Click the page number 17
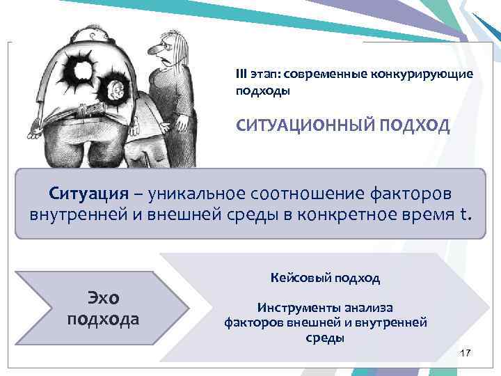click(x=466, y=354)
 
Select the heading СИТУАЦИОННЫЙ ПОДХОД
click(x=343, y=126)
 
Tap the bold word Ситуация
click(x=89, y=192)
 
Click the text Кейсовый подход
click(x=325, y=278)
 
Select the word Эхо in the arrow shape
click(x=103, y=298)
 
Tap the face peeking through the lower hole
click(x=113, y=88)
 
